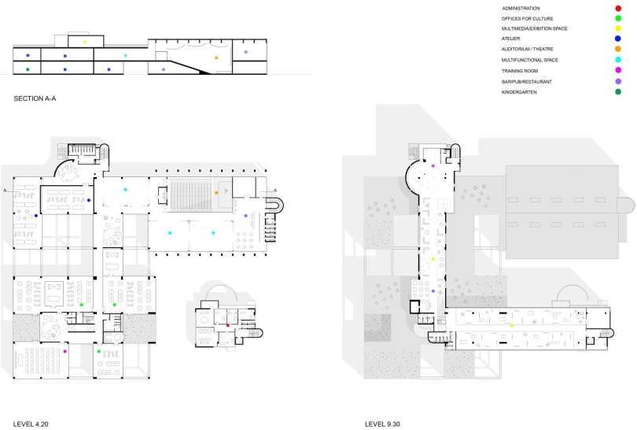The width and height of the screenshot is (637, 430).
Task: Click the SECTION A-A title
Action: coord(35,98)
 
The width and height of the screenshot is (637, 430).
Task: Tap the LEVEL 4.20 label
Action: coord(31,424)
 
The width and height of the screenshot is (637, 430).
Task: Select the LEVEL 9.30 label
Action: coord(382,424)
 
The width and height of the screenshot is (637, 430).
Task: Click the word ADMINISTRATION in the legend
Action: coord(521,8)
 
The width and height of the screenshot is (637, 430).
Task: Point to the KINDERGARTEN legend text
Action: coord(519,92)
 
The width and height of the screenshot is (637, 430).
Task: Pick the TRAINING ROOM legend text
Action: coord(520,71)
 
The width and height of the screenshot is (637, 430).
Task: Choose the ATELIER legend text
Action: coord(510,39)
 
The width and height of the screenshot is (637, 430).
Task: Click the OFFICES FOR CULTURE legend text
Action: coord(528,19)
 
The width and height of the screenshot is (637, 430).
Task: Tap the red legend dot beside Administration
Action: coord(618,8)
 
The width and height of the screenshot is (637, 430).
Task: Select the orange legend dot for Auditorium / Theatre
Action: coord(618,49)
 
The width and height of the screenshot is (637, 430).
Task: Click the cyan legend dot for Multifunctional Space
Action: coord(618,60)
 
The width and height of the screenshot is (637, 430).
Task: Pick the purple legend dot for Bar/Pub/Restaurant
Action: coord(618,81)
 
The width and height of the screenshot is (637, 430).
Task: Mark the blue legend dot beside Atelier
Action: coord(618,39)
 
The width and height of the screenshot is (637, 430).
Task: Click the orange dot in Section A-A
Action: coord(216,57)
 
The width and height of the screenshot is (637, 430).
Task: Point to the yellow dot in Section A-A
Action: coord(85,43)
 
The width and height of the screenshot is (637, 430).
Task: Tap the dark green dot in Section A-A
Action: coord(28,69)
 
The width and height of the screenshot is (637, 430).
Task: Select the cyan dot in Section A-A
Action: coord(125,56)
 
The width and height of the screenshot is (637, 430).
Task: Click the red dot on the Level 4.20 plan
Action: coord(228,325)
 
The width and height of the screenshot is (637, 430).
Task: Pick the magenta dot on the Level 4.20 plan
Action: coord(64,351)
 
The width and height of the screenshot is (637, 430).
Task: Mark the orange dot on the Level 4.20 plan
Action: coord(216,193)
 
